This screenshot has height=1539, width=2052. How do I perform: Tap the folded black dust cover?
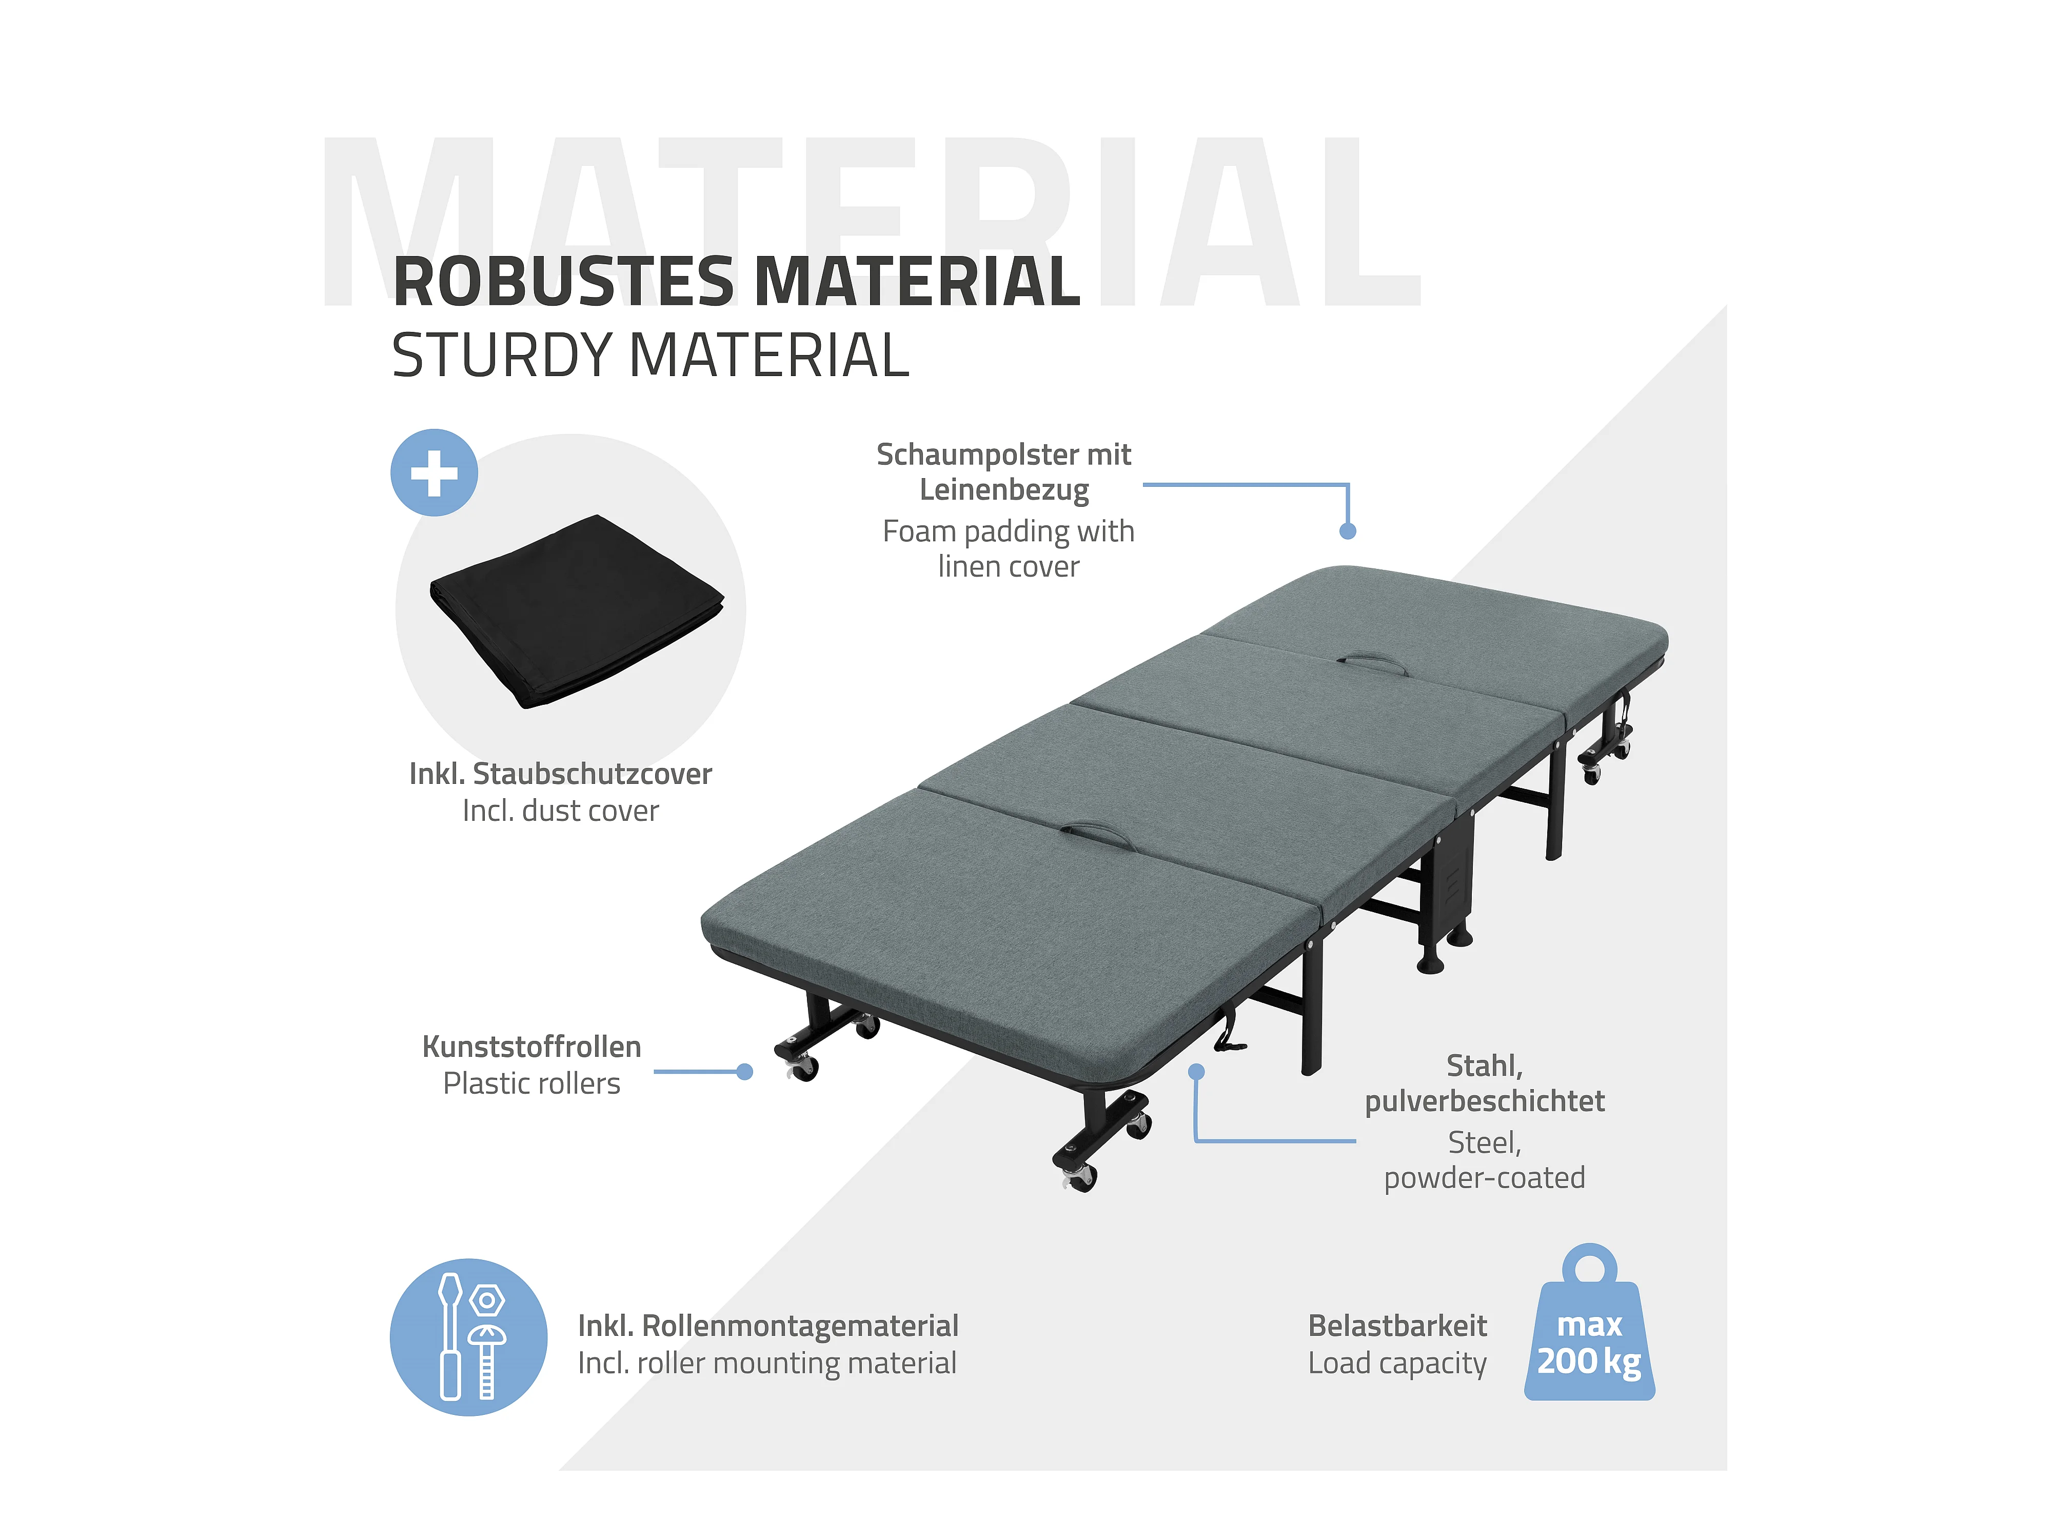pos(575,612)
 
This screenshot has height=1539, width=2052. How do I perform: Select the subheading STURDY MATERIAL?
pos(649,356)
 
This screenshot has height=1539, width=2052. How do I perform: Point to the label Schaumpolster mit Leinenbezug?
pos(1004,471)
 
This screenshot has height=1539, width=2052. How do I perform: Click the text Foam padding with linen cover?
pos(1009,548)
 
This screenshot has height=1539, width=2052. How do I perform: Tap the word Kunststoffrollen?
pos(531,1047)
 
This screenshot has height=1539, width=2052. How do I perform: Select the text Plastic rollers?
pos(531,1083)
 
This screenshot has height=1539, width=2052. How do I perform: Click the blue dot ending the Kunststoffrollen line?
pos(744,1072)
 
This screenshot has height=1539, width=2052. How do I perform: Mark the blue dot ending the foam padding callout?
pos(1348,530)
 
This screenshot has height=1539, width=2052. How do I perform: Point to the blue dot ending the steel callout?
pos(1197,1072)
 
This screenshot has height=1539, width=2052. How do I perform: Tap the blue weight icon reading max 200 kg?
pos(1589,1331)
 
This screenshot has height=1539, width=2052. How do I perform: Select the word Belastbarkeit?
pos(1397,1326)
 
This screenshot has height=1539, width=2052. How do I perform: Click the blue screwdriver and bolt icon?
pos(468,1337)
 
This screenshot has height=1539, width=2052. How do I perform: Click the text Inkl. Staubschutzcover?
pos(560,774)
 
